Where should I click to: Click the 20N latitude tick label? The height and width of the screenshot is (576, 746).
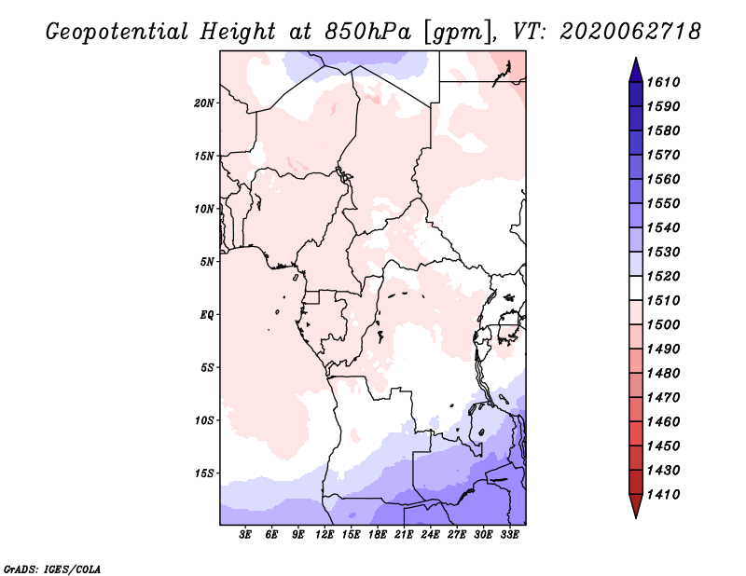[204, 103]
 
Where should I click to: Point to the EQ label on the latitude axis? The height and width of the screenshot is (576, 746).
[207, 315]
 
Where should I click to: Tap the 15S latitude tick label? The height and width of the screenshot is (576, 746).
[204, 473]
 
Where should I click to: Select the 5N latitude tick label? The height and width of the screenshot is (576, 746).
[207, 262]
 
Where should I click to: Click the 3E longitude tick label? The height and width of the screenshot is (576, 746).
[245, 534]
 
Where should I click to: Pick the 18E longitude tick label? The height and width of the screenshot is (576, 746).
[378, 534]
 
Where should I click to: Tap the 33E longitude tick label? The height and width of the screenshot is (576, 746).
[509, 534]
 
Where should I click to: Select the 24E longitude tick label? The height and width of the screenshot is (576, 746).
[430, 534]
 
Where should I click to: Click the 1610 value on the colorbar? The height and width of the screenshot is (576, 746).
[663, 82]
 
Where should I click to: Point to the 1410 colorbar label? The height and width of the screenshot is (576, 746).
[663, 495]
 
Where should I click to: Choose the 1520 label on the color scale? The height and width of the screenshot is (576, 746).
[663, 276]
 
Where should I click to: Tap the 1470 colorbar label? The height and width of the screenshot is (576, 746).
[663, 398]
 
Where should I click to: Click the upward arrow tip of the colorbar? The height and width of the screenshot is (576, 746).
[636, 58]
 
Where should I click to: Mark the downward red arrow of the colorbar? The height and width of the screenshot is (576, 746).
[636, 506]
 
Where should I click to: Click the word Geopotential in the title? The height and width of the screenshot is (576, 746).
[117, 32]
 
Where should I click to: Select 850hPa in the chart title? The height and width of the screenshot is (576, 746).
[368, 32]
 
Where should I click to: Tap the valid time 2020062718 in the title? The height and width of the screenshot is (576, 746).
[630, 32]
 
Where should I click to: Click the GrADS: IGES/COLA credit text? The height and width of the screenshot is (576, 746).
[52, 569]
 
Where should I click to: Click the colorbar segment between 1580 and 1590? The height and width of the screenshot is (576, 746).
[636, 119]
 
